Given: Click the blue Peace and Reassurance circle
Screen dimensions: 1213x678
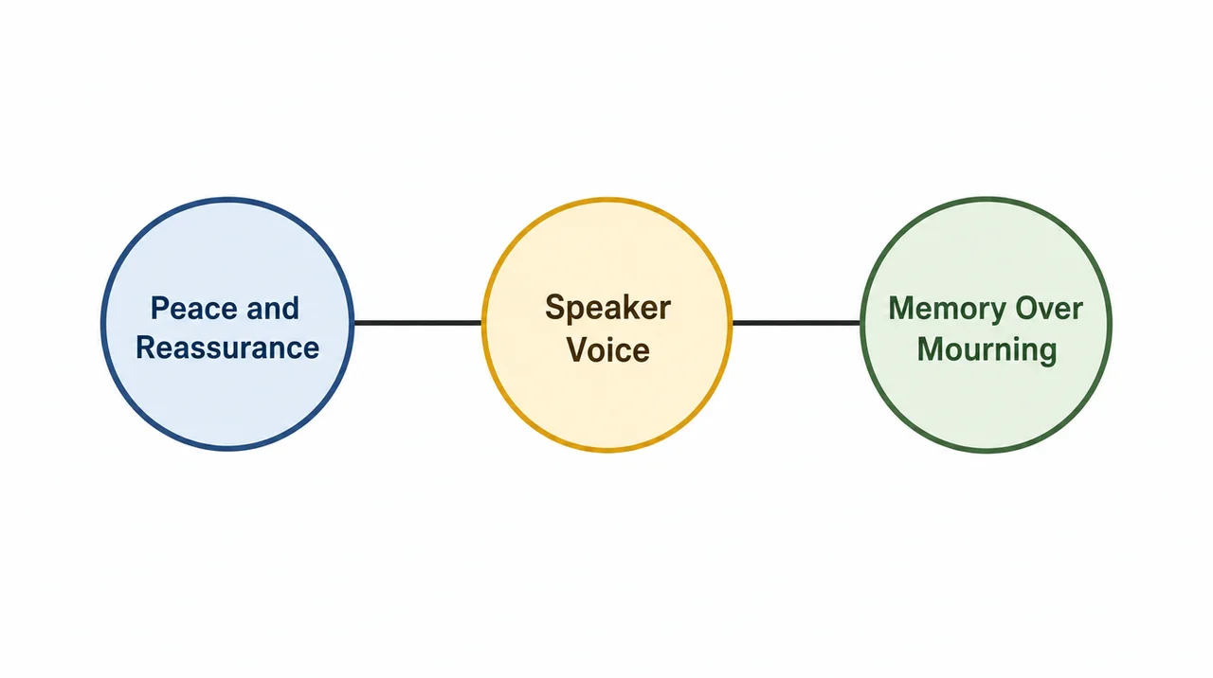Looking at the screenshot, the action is click(x=228, y=324).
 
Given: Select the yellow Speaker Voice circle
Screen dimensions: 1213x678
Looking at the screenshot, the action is click(x=607, y=324).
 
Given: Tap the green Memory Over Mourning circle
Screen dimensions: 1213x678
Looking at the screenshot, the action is click(x=987, y=324).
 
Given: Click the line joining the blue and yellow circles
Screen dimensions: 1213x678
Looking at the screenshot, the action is click(x=418, y=323).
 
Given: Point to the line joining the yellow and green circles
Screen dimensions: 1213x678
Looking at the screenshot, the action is click(x=797, y=323).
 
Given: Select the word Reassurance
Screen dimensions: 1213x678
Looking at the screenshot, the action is click(x=227, y=348).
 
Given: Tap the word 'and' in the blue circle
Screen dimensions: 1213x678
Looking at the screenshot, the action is click(x=273, y=308).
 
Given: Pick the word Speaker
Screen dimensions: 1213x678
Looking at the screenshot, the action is click(x=607, y=309).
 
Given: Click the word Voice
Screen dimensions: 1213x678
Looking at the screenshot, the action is click(x=608, y=349).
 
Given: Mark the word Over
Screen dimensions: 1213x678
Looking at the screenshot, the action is click(x=1049, y=308).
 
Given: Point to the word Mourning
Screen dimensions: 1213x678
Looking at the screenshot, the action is click(x=987, y=350).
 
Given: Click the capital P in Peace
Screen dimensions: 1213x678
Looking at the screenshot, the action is click(x=160, y=308).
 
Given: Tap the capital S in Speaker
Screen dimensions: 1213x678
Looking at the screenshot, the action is click(x=555, y=307).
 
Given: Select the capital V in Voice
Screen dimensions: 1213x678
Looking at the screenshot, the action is click(x=578, y=349).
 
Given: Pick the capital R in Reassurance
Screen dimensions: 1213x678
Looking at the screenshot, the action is click(x=146, y=348).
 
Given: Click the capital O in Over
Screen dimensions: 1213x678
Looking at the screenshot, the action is click(x=1026, y=308).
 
